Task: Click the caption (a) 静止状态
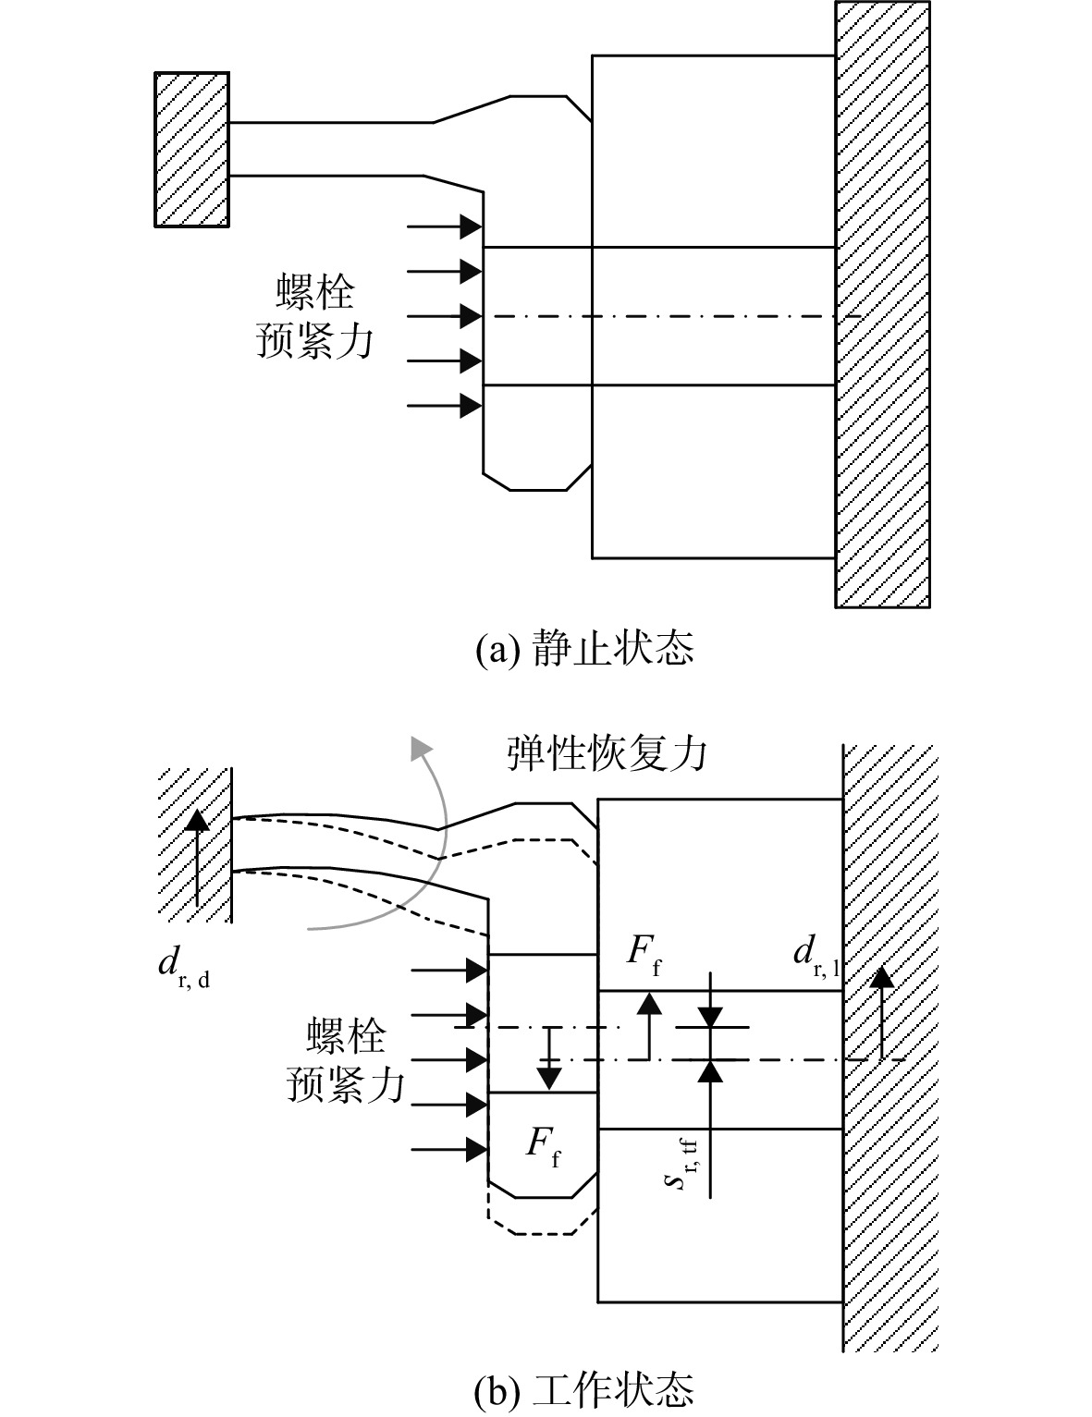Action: [583, 648]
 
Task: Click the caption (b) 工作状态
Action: [583, 1390]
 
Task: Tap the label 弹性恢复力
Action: [607, 754]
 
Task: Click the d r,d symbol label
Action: [184, 967]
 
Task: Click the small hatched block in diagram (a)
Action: [191, 150]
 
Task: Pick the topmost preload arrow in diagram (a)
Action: [444, 227]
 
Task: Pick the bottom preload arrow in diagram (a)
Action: [444, 406]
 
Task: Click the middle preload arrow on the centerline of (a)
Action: [444, 316]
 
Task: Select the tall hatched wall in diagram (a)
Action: [883, 304]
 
